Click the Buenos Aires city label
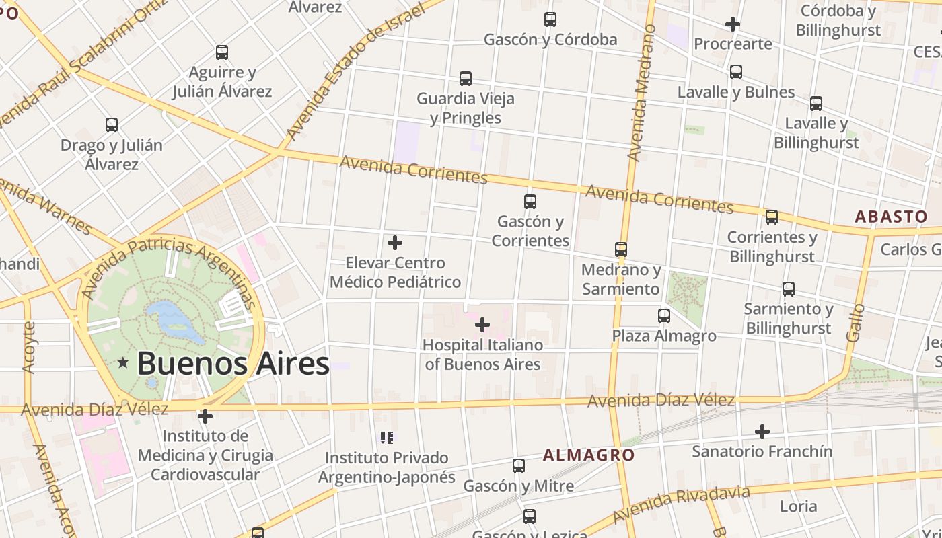(x=233, y=364)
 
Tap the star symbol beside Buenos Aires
(x=123, y=363)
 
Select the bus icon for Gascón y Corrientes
(x=530, y=201)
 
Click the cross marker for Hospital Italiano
(x=482, y=325)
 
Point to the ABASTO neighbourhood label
(x=891, y=217)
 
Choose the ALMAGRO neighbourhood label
(x=589, y=455)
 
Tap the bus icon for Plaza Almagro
(x=664, y=315)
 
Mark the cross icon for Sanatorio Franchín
(x=762, y=431)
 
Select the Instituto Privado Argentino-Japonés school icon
(x=387, y=438)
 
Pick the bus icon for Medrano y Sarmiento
(x=621, y=249)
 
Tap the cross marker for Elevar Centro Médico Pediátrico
(x=395, y=243)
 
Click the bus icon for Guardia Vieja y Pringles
(x=465, y=79)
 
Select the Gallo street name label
(x=856, y=322)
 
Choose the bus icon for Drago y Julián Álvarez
(x=112, y=124)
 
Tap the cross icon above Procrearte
(x=733, y=25)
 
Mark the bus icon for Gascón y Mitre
(x=518, y=465)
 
